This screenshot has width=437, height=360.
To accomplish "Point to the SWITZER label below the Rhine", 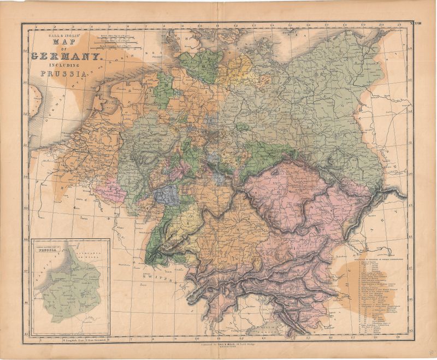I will click(155, 278).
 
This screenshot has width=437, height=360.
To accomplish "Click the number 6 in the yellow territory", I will click(188, 222).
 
